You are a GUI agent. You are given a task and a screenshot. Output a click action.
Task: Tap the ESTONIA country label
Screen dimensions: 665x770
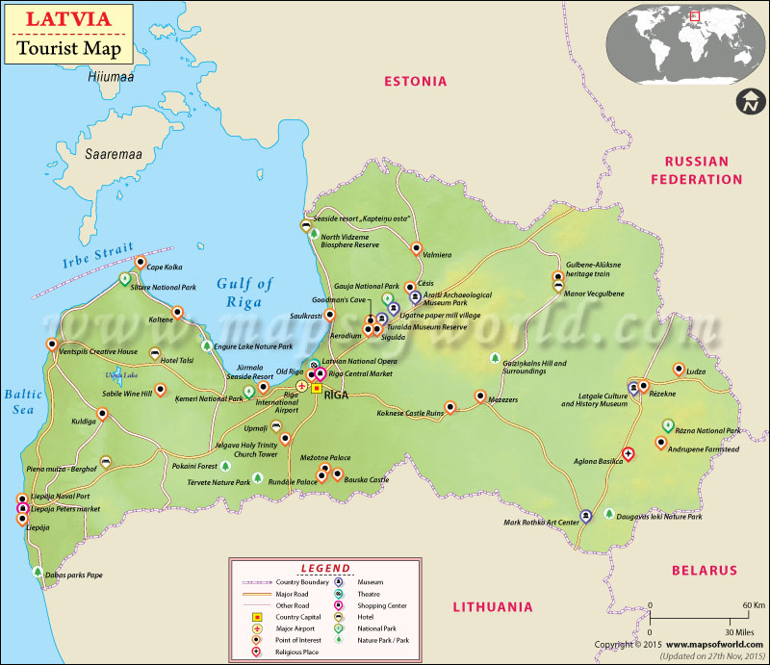click(415, 82)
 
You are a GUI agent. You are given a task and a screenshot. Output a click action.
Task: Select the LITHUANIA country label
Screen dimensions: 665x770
click(492, 606)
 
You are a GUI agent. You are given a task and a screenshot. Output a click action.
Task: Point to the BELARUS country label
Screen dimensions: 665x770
click(704, 570)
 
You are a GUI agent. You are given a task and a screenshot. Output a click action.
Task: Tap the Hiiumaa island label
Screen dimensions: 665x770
click(114, 77)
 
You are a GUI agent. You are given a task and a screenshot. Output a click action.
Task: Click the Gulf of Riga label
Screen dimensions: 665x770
click(244, 292)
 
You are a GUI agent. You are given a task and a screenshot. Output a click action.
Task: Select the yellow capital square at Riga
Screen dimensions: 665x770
click(316, 389)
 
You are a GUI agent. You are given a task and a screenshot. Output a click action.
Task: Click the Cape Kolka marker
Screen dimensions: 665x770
click(141, 262)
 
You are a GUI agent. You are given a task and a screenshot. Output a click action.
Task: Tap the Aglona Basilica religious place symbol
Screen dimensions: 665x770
click(628, 452)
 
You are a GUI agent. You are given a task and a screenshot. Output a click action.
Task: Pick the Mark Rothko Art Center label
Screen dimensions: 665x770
click(541, 523)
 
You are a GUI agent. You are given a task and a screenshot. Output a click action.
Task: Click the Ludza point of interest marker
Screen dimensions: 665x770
click(679, 369)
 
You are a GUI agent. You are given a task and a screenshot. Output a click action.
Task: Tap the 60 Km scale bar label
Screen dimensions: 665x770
click(739, 605)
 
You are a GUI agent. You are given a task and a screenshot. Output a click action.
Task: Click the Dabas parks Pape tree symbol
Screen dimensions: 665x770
click(38, 572)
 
